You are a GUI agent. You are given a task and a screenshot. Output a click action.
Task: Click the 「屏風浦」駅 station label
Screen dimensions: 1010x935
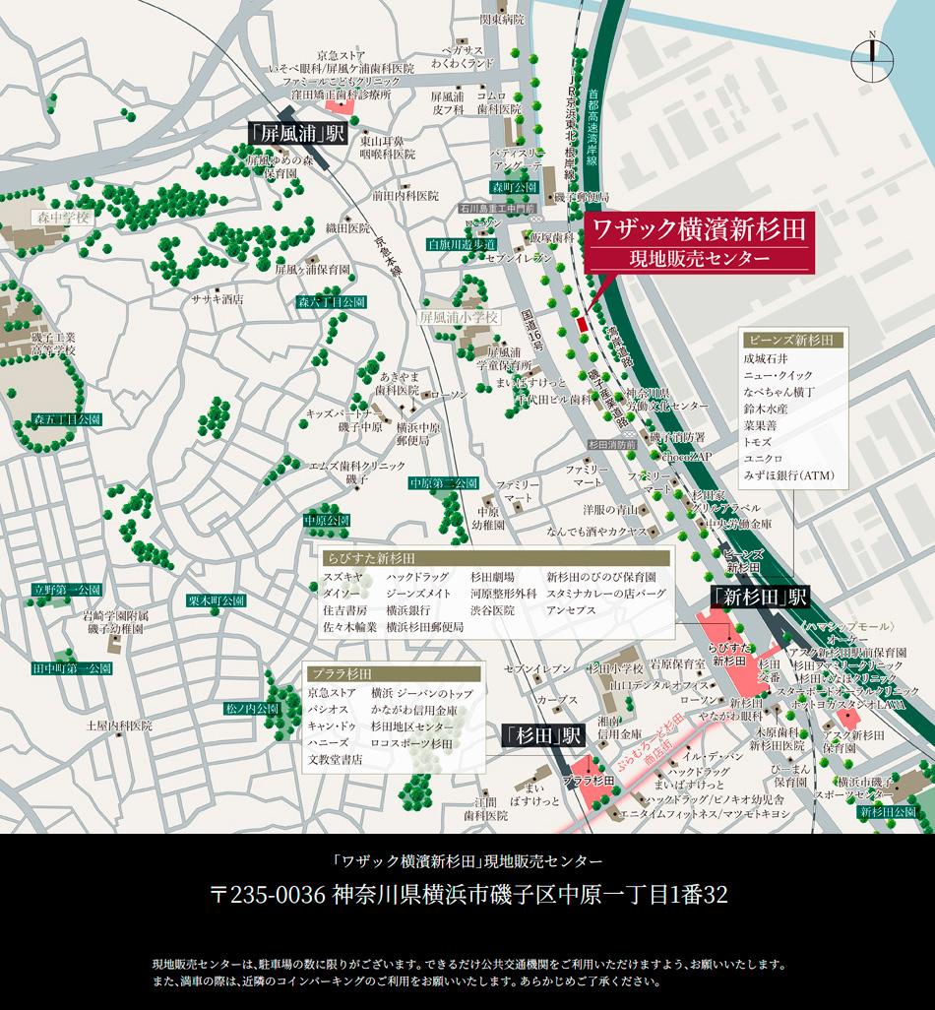coord(296,133)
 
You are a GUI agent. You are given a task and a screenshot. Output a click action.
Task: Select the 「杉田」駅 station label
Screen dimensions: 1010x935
coord(542,733)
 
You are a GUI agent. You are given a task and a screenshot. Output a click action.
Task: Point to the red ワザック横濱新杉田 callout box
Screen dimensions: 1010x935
coord(699,242)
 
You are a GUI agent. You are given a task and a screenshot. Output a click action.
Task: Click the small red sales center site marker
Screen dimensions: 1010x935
coord(581,324)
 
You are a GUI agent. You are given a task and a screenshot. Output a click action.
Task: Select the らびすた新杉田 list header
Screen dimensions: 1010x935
coord(364,558)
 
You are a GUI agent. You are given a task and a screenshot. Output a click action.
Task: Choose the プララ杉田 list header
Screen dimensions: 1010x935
coord(338,673)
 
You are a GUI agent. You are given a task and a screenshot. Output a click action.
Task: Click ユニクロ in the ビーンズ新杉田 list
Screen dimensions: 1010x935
coord(764,459)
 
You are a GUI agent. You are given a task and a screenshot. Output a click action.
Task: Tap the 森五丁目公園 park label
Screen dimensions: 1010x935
coord(67,419)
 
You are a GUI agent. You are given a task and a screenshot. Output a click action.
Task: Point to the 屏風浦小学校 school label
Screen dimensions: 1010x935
coord(460,318)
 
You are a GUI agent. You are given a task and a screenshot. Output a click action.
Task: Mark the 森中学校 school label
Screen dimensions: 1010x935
coord(59,217)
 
